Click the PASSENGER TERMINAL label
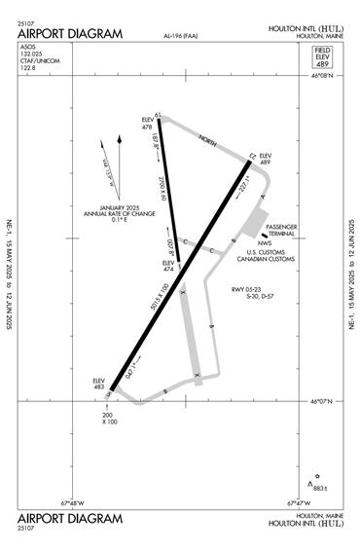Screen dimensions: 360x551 [x=285, y=230]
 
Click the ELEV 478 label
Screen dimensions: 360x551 [x=149, y=123]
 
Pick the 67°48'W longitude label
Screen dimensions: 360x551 [x=75, y=503]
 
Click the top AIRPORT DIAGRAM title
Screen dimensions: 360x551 [x=70, y=34]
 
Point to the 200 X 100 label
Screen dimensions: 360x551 [x=109, y=418]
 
